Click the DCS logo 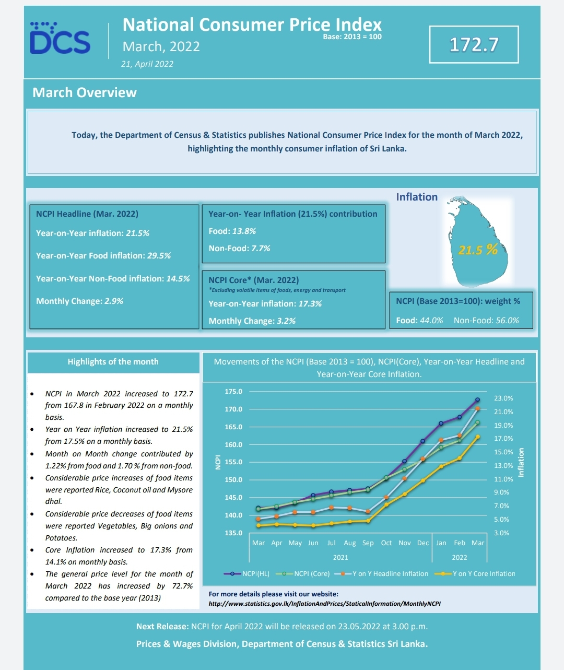pos(60,38)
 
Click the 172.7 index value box pos(474,44)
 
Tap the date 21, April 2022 pos(147,64)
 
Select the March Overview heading pos(85,92)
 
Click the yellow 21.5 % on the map pos(478,250)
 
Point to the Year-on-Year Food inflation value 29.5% pos(159,255)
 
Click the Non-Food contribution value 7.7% pos(261,248)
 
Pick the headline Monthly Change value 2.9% pos(114,301)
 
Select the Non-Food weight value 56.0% pos(507,320)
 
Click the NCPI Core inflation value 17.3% pos(310,303)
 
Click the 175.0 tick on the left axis pos(233,392)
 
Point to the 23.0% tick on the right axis pos(503,398)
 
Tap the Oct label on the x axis pos(386,543)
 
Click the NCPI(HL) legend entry pos(246,573)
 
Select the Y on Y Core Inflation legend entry pos(475,573)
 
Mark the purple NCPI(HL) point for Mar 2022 pos(478,399)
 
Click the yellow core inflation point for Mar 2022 pos(478,437)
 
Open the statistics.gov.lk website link pos(324,604)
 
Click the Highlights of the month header pos(113,362)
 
